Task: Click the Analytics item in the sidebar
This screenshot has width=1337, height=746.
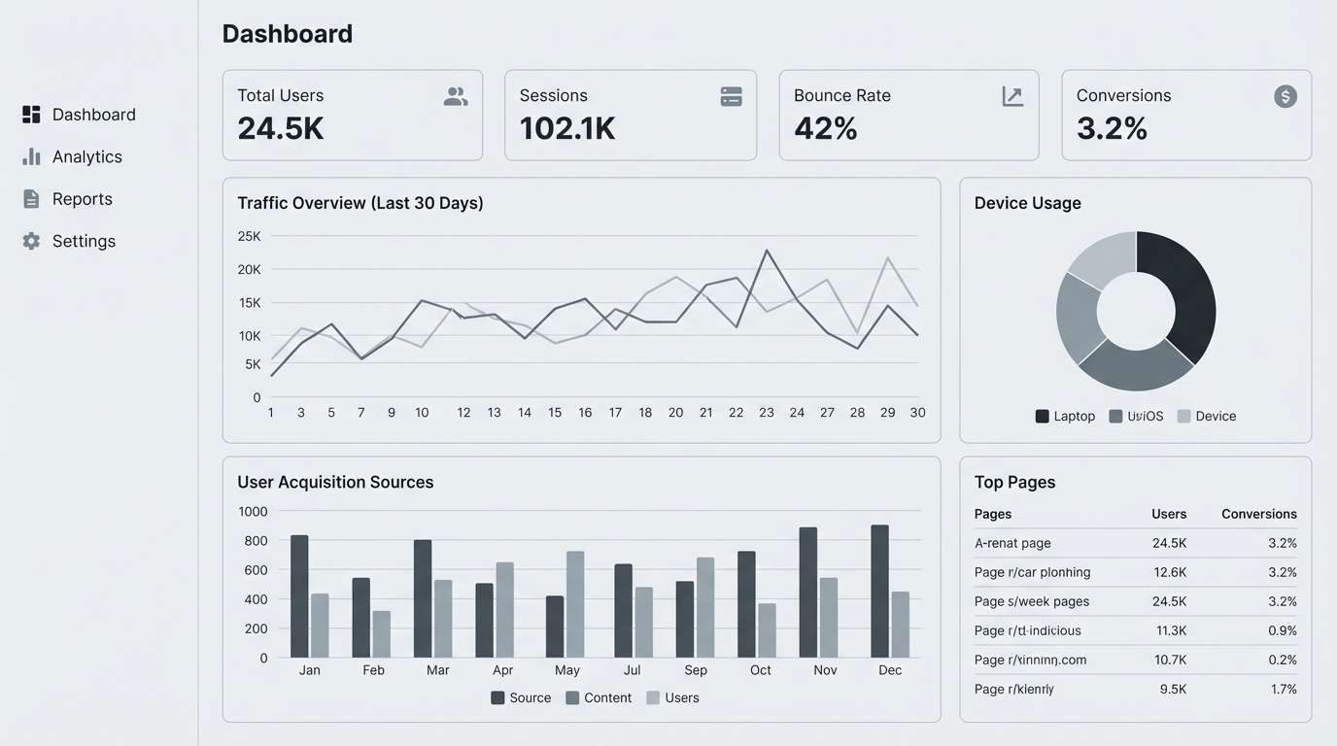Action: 86,156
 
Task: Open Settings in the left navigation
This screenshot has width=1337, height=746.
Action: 84,241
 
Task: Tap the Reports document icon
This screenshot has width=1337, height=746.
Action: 31,199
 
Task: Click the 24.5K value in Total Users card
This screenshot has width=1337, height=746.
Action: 280,128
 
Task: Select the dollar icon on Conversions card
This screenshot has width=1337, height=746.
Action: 1285,96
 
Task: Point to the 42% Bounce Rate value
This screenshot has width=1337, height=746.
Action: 825,128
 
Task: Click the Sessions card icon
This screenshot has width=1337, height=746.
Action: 731,96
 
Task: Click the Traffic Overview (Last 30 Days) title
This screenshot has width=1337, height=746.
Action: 360,203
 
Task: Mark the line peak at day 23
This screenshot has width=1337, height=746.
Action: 767,251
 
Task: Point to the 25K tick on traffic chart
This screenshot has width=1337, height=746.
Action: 249,236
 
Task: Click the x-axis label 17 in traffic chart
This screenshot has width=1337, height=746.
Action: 615,413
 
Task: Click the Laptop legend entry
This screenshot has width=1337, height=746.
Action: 1065,416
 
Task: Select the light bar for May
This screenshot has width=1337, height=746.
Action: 575,603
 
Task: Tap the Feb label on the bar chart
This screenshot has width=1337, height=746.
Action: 373,670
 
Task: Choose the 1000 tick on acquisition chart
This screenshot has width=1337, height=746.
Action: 252,511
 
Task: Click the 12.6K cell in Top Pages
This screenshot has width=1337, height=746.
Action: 1169,572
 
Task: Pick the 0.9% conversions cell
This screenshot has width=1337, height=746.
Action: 1282,630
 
